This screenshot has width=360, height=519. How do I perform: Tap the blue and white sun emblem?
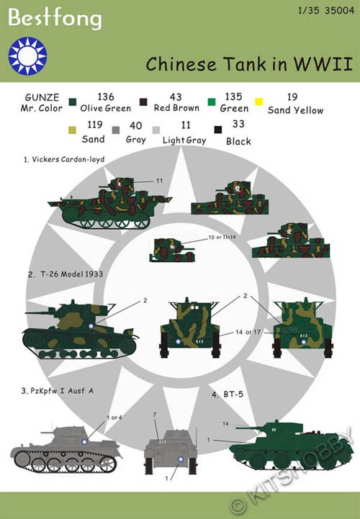tap(28, 55)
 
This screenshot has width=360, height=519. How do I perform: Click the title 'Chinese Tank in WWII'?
tap(248, 64)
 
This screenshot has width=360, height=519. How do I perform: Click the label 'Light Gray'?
tap(176, 141)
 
